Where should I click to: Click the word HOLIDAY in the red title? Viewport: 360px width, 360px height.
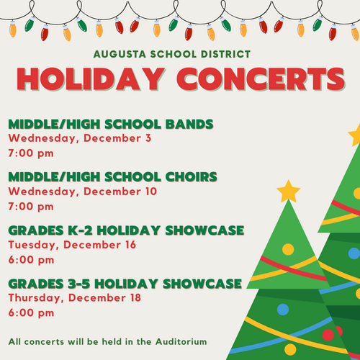click(x=91, y=78)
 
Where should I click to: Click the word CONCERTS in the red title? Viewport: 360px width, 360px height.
click(x=261, y=78)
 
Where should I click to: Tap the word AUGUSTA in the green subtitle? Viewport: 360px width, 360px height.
click(x=120, y=54)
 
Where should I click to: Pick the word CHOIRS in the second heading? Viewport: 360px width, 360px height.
click(x=191, y=177)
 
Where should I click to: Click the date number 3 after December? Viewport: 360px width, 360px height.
click(x=148, y=138)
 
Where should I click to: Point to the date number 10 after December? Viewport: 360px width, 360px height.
click(x=151, y=192)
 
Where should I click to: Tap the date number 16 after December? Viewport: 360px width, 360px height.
click(x=130, y=245)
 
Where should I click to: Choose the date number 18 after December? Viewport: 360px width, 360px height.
click(x=135, y=297)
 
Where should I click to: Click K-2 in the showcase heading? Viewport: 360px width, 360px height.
click(x=80, y=230)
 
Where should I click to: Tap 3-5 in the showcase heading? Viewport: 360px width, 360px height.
click(x=79, y=284)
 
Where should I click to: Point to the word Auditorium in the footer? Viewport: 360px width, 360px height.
click(x=181, y=341)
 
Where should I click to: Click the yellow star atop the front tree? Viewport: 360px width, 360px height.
click(x=289, y=192)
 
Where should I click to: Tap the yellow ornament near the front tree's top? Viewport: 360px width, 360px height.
click(x=288, y=249)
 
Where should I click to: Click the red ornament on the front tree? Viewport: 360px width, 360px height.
click(x=328, y=335)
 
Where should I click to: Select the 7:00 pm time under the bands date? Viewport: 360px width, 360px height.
click(x=31, y=153)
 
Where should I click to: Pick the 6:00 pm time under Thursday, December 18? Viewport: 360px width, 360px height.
click(x=31, y=312)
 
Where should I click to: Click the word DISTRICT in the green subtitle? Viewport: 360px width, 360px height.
click(x=225, y=54)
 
